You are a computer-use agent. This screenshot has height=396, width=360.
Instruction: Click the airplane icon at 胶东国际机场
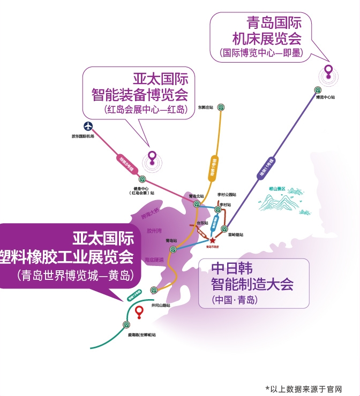(x=88, y=126)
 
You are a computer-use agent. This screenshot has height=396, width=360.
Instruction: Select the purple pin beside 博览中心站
(x=328, y=71)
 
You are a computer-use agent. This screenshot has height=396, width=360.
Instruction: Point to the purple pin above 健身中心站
(x=153, y=157)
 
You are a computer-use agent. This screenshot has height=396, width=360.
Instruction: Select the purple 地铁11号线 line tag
(x=267, y=167)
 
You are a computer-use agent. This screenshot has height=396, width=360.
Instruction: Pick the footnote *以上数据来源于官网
(x=303, y=389)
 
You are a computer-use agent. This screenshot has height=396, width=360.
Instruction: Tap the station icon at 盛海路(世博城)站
(x=127, y=324)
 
